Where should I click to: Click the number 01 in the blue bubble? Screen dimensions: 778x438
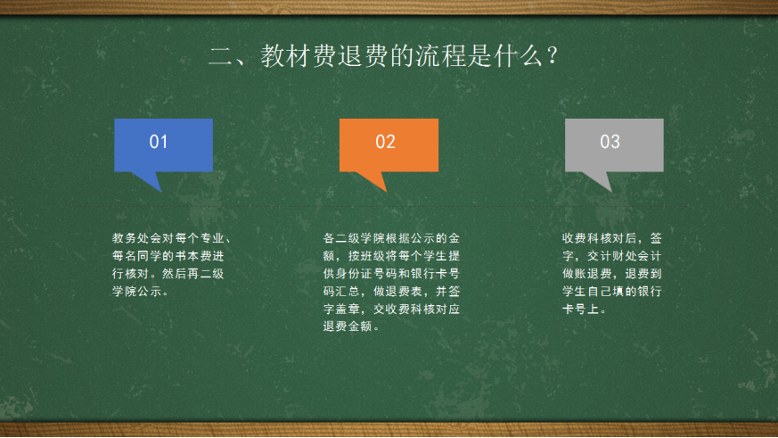click(x=159, y=142)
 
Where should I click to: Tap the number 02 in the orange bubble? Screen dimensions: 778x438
click(x=385, y=142)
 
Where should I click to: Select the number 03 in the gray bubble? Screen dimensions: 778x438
click(x=610, y=142)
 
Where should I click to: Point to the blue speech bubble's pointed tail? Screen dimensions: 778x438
click(x=160, y=191)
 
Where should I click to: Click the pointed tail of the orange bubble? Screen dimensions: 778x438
click(x=386, y=191)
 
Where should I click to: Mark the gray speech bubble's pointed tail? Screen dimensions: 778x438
click(x=610, y=191)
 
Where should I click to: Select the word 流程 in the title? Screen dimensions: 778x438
click(x=440, y=55)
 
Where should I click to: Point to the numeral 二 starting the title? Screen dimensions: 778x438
click(x=221, y=56)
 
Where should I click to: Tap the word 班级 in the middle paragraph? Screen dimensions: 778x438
click(x=373, y=256)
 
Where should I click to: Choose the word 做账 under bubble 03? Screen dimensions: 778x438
click(x=575, y=274)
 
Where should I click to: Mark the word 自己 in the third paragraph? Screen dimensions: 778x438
click(x=600, y=292)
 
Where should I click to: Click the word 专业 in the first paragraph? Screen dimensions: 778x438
click(x=212, y=238)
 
